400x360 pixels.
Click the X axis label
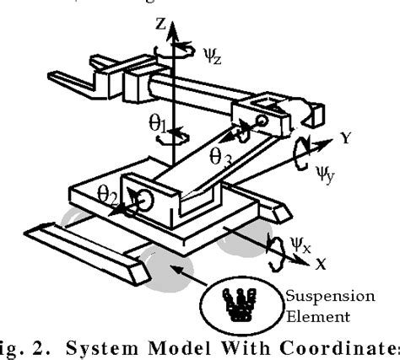click(322, 264)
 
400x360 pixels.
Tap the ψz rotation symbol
click(213, 58)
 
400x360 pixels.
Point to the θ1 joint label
click(155, 124)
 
